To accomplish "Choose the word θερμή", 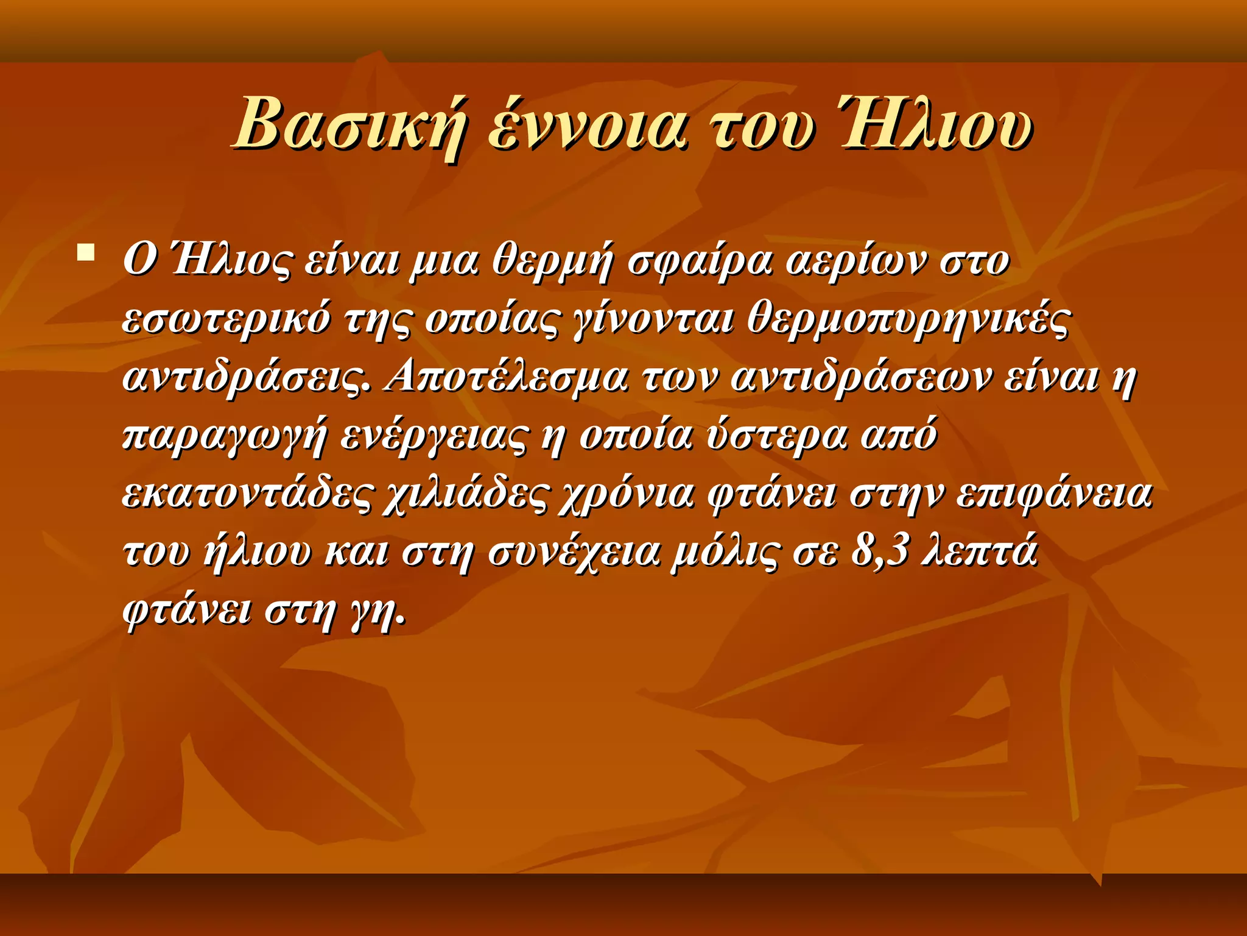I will point(552,261).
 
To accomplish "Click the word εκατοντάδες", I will point(246,495).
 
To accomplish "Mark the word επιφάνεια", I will point(1053,495).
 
